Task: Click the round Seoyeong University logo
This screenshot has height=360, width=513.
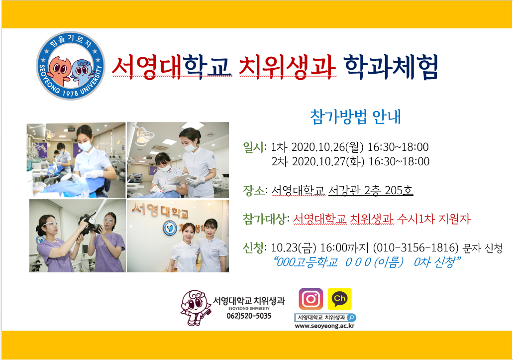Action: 71,66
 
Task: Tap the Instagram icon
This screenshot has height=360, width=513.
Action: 311,299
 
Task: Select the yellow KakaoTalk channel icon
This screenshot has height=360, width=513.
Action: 340,299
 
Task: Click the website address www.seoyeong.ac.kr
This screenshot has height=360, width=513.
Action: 324,326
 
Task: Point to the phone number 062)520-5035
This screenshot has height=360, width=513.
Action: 249,316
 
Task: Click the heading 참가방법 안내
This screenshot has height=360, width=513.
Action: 355,117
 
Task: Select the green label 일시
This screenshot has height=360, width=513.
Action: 253,147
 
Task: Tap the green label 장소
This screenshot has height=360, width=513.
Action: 253,190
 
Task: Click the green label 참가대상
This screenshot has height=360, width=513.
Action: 264,219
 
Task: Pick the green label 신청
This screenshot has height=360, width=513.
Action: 253,248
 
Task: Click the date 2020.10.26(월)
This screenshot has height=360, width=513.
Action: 327,147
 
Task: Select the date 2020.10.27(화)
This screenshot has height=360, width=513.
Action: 328,161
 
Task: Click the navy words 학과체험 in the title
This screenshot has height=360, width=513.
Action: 391,67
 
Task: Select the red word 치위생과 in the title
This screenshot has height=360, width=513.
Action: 287,67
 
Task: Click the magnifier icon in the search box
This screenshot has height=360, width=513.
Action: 351,318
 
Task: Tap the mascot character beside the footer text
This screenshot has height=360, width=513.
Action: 195,308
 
